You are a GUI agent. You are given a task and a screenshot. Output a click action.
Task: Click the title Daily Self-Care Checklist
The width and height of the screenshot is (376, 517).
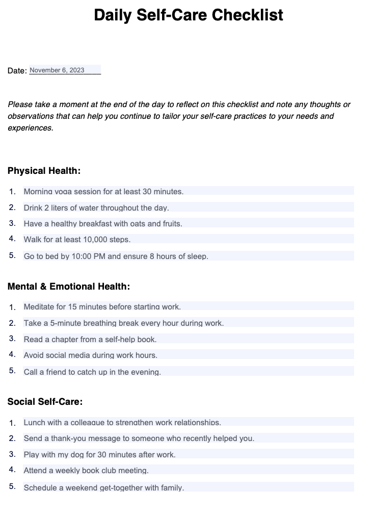tap(188, 15)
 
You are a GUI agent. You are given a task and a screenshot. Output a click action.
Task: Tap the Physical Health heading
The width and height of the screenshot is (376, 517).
tap(44, 171)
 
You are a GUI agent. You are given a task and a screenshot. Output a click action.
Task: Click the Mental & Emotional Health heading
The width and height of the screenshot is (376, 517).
tap(69, 287)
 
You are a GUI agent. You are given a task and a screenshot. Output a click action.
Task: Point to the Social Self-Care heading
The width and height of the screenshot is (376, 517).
tap(45, 402)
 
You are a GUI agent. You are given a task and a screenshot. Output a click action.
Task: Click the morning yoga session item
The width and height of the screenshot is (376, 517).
tap(103, 192)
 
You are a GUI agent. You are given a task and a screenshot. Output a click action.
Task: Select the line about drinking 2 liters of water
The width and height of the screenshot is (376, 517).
tap(96, 208)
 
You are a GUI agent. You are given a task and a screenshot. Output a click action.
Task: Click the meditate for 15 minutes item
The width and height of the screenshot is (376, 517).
tap(102, 307)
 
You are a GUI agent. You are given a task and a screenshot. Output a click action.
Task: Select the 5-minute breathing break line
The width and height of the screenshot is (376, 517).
tap(124, 323)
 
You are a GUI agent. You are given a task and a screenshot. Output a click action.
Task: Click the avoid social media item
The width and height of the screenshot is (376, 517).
tap(91, 355)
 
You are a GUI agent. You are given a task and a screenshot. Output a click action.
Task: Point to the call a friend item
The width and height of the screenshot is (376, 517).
tap(92, 372)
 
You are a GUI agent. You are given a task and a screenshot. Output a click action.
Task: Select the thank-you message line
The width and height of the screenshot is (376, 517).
tap(139, 438)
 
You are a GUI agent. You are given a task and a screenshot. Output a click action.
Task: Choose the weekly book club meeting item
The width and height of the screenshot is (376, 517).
tap(86, 471)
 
